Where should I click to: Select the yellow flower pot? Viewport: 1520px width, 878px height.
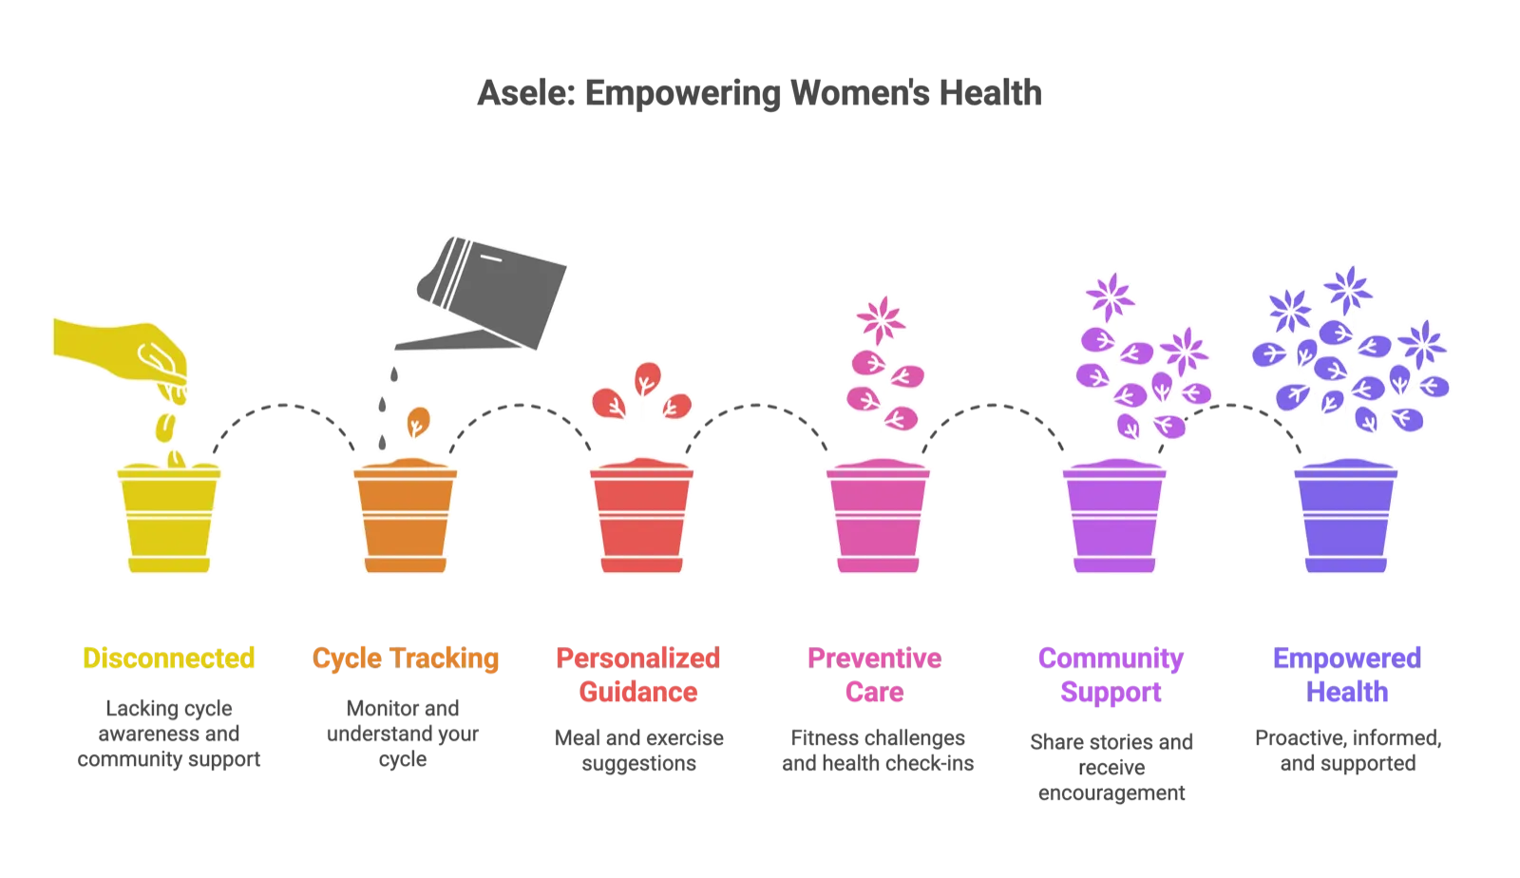[169, 517]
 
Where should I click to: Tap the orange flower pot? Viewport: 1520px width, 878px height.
[405, 516]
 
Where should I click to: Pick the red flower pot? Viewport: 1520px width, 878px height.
[641, 516]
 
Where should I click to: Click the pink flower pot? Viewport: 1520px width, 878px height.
[878, 516]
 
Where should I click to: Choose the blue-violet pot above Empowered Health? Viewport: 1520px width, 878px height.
[1345, 516]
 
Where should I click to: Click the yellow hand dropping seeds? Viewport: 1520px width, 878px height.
[121, 358]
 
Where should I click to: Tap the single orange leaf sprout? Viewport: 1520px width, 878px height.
[418, 422]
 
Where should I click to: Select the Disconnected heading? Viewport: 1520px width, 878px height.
[168, 658]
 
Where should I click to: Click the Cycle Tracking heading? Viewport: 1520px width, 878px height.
[405, 658]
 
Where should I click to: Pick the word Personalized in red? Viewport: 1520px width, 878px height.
[637, 658]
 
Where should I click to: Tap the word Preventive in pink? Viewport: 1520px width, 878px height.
[875, 658]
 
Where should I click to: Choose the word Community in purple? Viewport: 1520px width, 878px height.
[1111, 658]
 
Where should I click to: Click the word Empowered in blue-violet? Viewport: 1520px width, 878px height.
[1347, 658]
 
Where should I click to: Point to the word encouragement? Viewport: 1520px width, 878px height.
[1111, 793]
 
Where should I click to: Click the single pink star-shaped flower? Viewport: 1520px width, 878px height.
[881, 319]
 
